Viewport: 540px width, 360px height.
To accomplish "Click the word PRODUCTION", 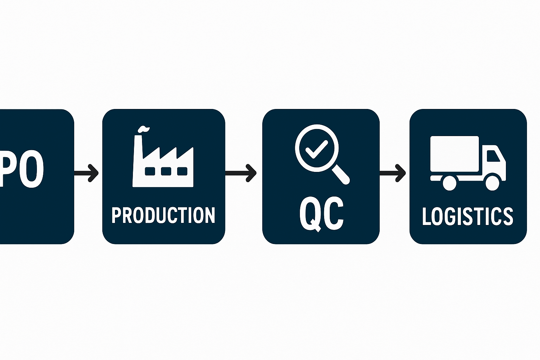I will coord(163,215).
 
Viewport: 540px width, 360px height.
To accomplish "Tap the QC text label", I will coord(321,213).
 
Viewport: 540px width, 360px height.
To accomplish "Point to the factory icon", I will coord(163,162).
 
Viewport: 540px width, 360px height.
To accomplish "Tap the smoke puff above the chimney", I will coord(143,129).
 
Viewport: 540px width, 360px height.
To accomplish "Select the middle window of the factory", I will coord(166,171).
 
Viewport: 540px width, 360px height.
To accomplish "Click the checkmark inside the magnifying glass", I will coord(317,149).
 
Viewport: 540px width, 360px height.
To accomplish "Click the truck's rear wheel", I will coord(449,183).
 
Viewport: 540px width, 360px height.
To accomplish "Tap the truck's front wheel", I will coord(492,182).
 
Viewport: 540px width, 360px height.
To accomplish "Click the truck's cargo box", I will coord(455,154).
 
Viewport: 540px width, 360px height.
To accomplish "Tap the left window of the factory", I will coord(150,171).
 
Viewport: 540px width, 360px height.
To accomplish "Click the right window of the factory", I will coord(182,171).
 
